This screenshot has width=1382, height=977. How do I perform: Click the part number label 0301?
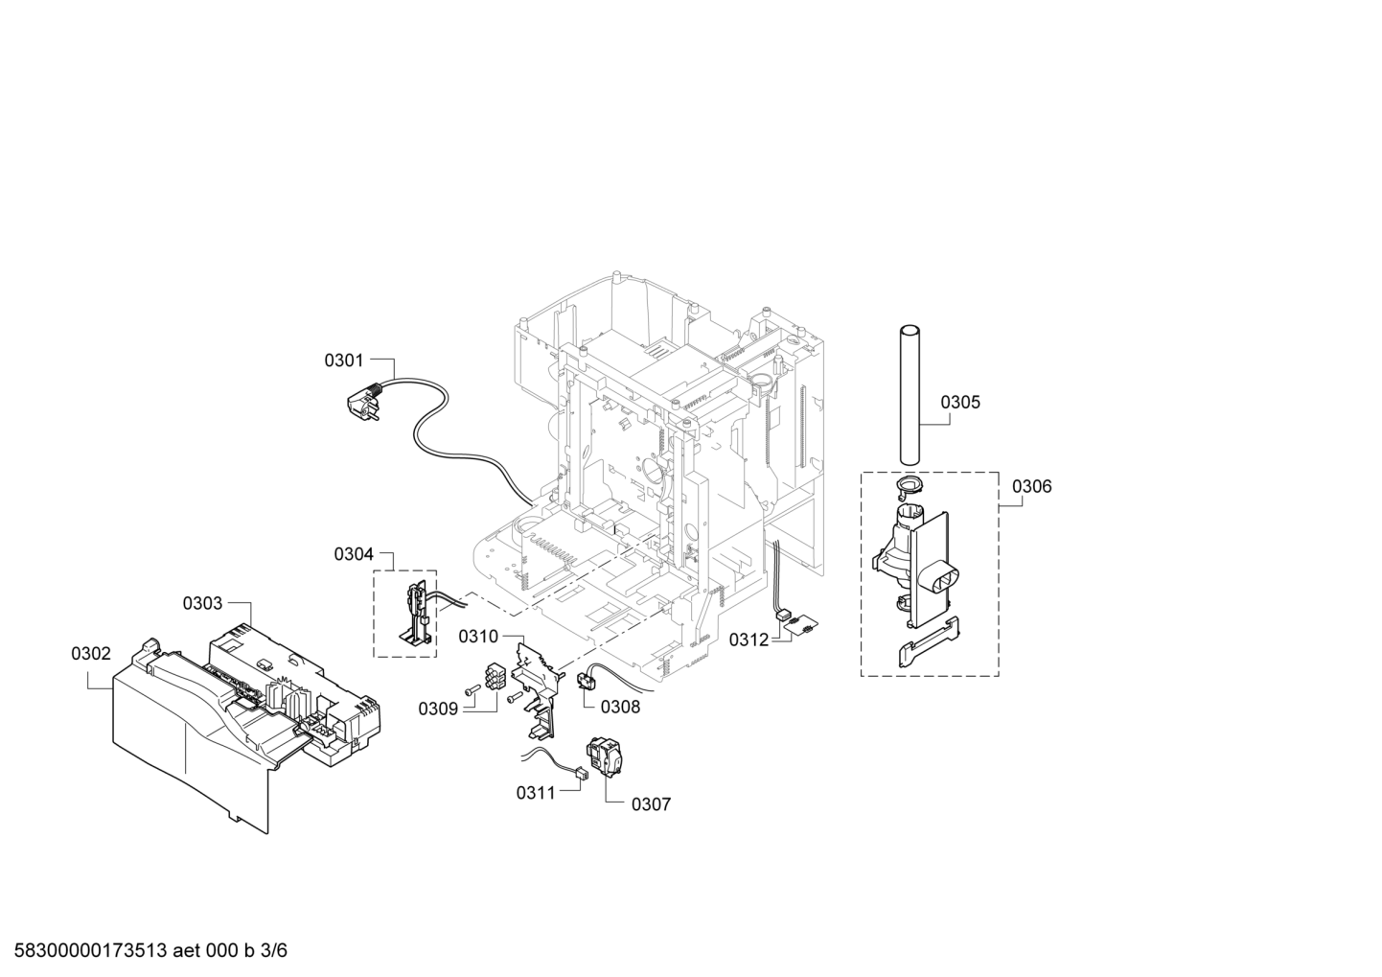(x=344, y=360)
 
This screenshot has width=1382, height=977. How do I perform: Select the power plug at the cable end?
(x=363, y=402)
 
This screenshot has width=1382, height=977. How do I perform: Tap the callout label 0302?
(x=91, y=654)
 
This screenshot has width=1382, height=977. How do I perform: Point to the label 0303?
(x=202, y=603)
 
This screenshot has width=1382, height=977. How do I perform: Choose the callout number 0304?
(x=354, y=554)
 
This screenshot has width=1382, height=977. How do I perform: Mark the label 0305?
(x=960, y=403)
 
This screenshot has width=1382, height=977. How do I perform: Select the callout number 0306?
(x=1031, y=487)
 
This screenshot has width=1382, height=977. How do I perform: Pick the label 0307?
(x=651, y=804)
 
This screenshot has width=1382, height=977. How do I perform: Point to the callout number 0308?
(x=620, y=707)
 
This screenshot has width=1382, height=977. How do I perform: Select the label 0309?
(x=438, y=709)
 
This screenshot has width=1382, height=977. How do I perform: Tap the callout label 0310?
(x=478, y=637)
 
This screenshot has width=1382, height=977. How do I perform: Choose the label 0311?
(x=536, y=793)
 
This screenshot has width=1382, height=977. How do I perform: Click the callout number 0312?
(x=749, y=640)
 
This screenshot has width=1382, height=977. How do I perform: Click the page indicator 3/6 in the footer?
(x=274, y=950)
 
